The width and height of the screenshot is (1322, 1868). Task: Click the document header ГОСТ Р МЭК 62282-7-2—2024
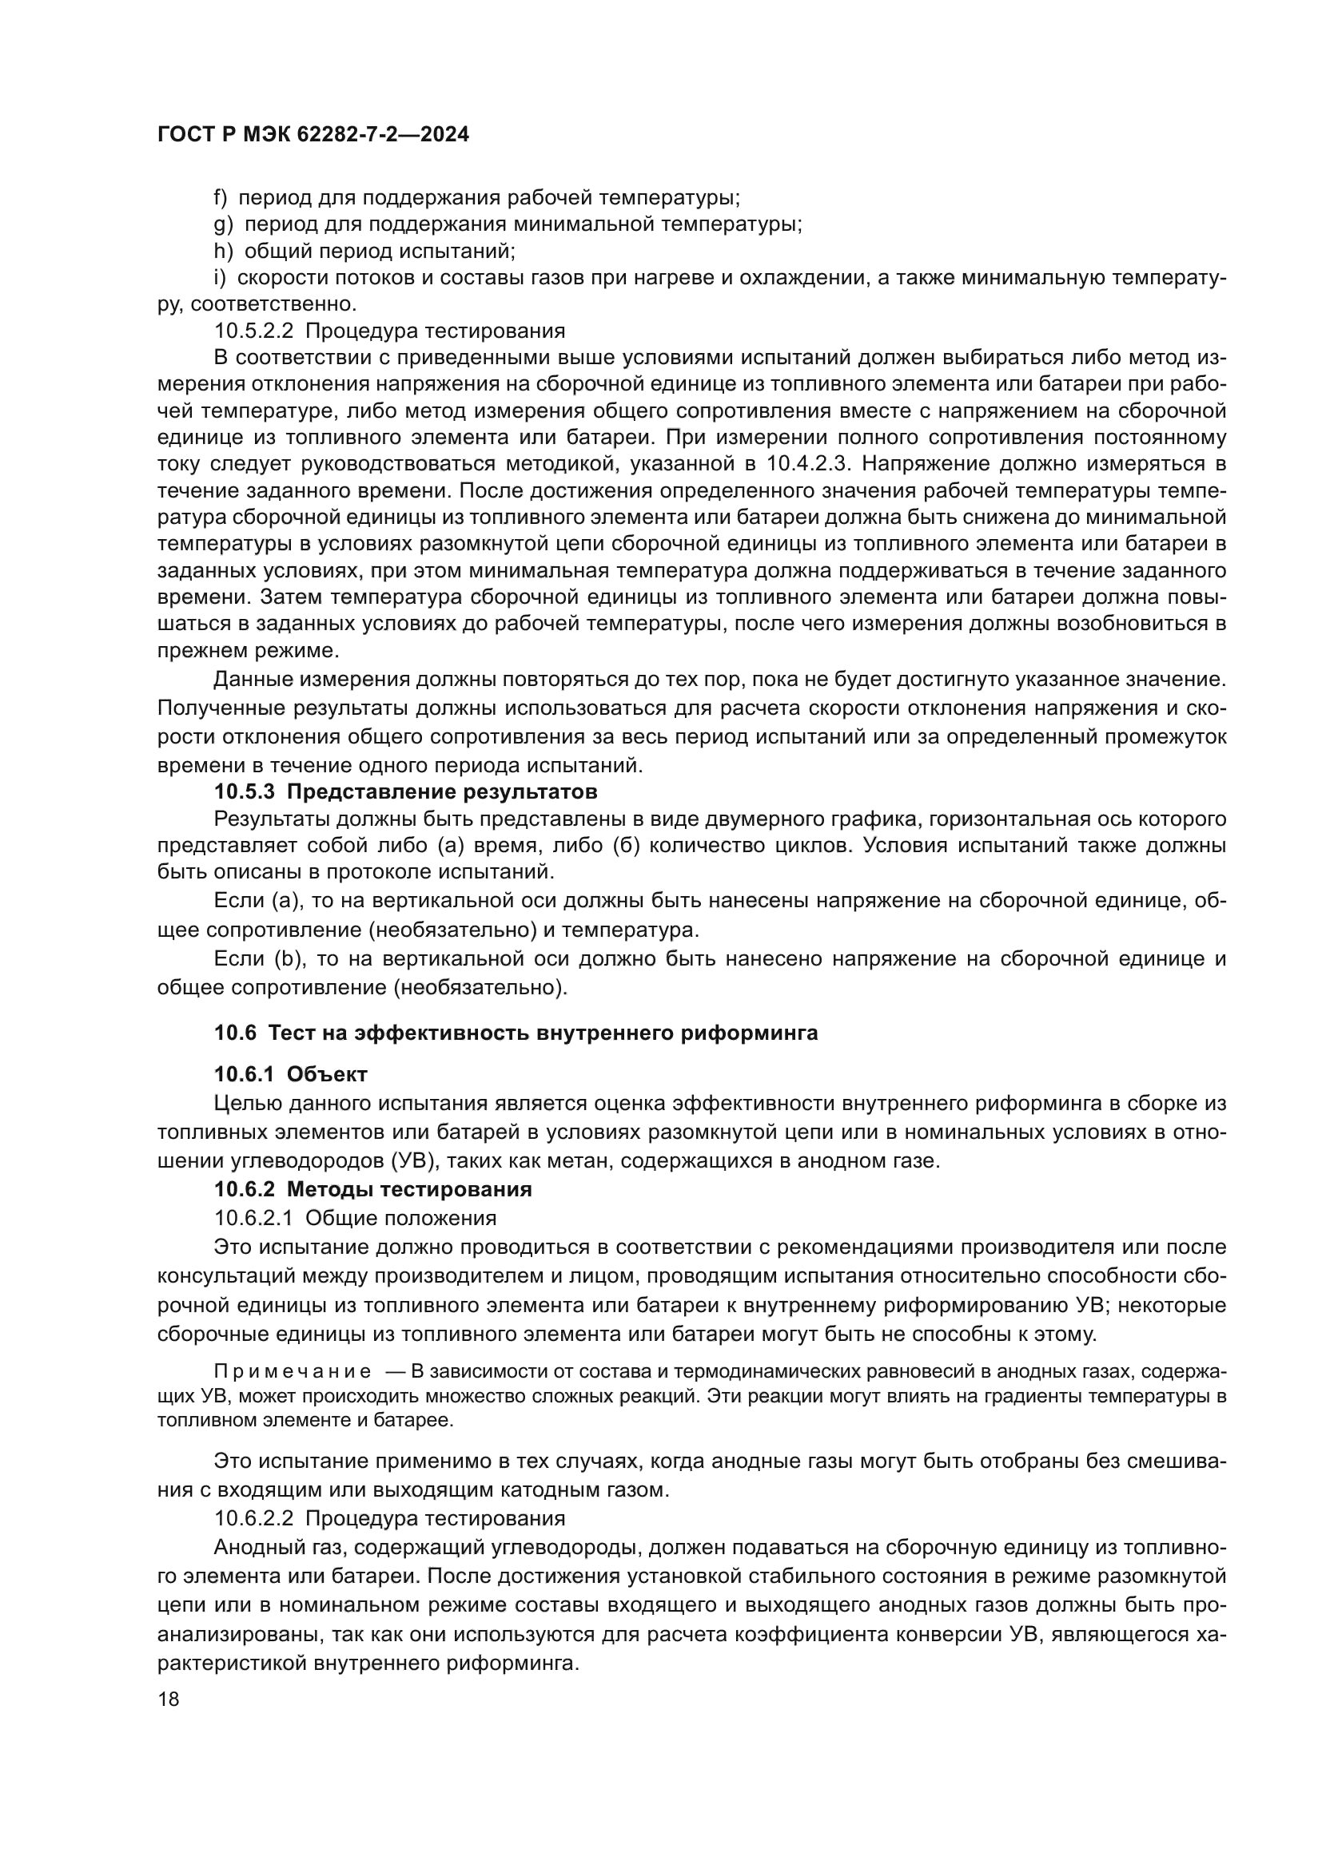[313, 135]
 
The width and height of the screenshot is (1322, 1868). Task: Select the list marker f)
[221, 198]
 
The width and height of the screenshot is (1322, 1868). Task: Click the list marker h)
[222, 251]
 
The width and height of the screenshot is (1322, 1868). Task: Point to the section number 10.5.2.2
[255, 331]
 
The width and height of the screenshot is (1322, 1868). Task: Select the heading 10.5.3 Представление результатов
[405, 791]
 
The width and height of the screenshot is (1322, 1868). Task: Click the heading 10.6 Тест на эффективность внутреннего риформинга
[516, 1033]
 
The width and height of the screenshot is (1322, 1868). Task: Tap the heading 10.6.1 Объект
[291, 1075]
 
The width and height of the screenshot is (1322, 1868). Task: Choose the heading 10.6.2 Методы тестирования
[372, 1189]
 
